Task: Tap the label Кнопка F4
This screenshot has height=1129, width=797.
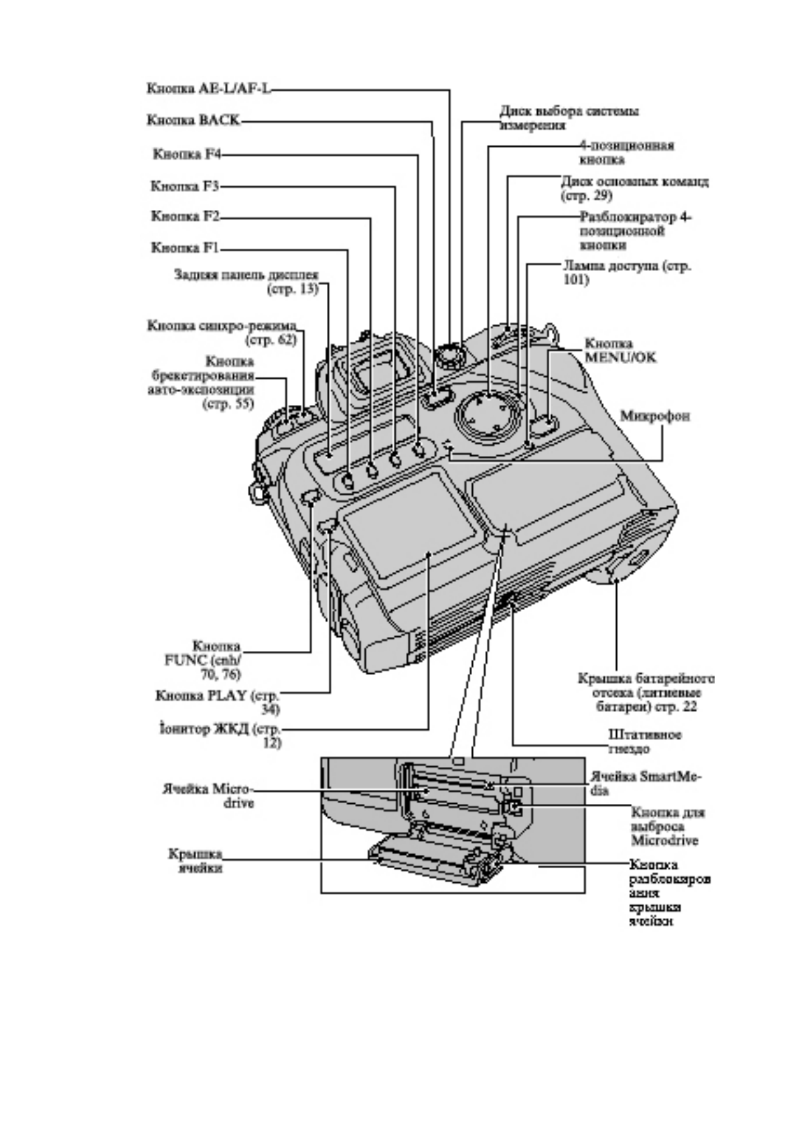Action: pyautogui.click(x=187, y=154)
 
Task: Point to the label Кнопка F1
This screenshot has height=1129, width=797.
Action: pyautogui.click(x=186, y=248)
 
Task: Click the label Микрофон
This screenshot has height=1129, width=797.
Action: pyautogui.click(x=654, y=416)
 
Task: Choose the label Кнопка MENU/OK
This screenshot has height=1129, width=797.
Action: pyautogui.click(x=620, y=350)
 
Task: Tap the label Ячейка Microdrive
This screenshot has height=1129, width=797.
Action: pyautogui.click(x=210, y=794)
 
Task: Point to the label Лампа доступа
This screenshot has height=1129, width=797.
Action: pyautogui.click(x=626, y=272)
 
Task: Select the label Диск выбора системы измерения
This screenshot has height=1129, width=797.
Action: pyautogui.click(x=568, y=117)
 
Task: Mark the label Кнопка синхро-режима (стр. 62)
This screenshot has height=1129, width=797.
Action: pyautogui.click(x=222, y=333)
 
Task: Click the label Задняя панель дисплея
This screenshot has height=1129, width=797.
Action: pyautogui.click(x=246, y=282)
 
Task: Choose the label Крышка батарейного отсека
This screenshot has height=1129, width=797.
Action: pyautogui.click(x=646, y=693)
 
